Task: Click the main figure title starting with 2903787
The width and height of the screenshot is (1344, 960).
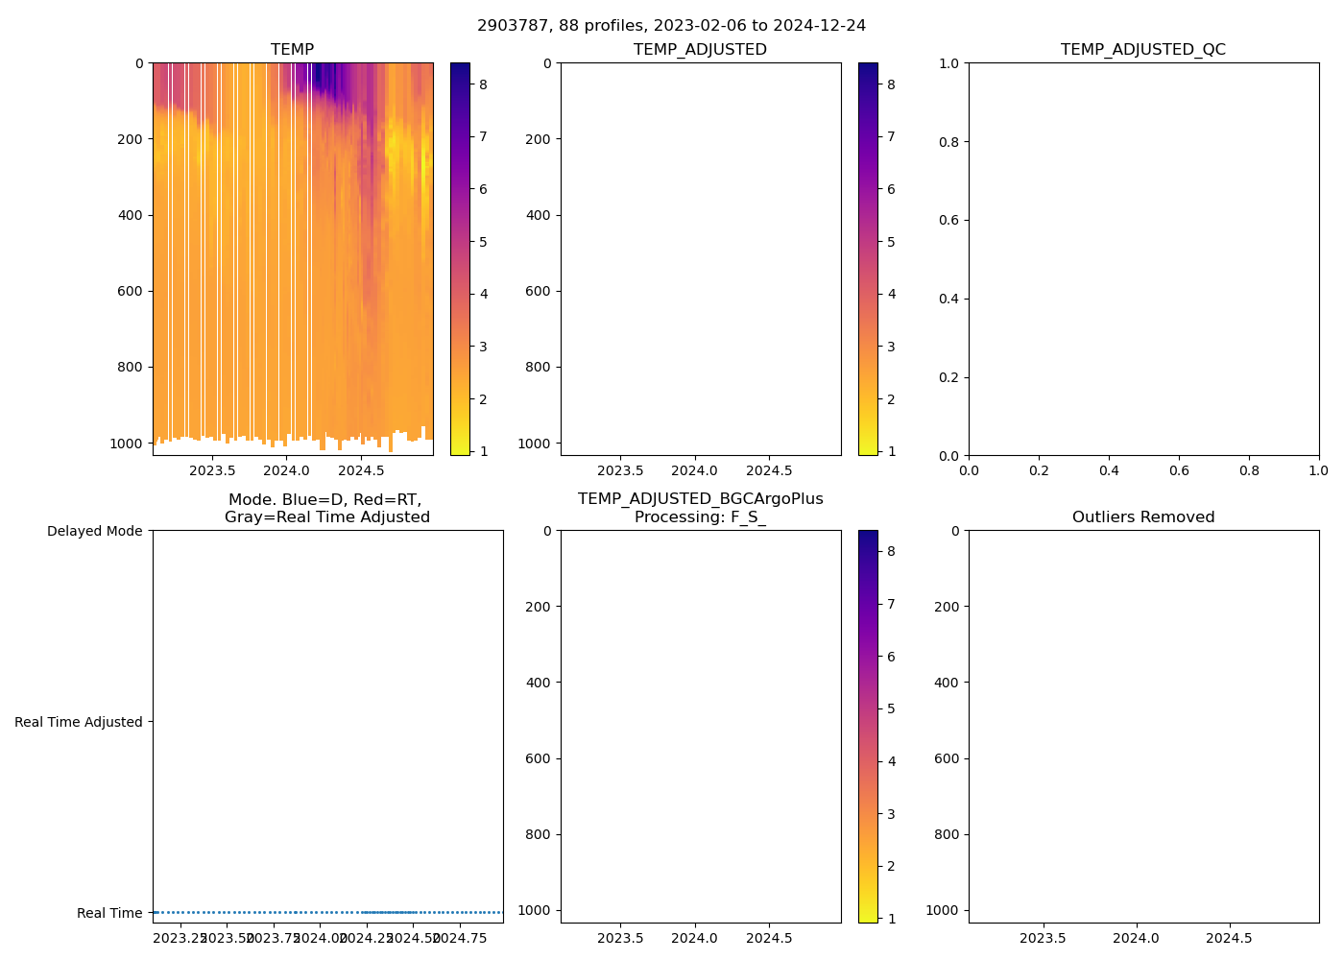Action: coord(671,26)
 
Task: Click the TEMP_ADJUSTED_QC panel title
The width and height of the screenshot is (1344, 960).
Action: coord(1142,50)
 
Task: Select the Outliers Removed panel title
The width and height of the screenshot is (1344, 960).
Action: coord(1142,517)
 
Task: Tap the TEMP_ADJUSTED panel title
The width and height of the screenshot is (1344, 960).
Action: coord(700,50)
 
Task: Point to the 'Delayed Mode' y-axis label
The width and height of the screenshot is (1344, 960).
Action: coord(94,532)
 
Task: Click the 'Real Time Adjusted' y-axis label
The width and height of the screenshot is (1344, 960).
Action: coord(79,722)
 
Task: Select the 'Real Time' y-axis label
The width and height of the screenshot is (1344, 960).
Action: coord(109,913)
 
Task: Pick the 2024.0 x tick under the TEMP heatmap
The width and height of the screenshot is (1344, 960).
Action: coord(286,470)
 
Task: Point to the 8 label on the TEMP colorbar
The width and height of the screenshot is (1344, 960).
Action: coord(483,84)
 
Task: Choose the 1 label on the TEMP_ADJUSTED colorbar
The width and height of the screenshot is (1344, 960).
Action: coord(891,451)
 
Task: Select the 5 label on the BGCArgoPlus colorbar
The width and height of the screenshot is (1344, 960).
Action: coord(891,709)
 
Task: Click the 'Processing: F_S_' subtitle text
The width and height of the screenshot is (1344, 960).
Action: coord(700,517)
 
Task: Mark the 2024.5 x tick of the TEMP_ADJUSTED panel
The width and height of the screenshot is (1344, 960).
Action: coord(769,470)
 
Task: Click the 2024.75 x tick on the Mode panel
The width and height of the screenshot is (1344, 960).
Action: coord(461,938)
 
